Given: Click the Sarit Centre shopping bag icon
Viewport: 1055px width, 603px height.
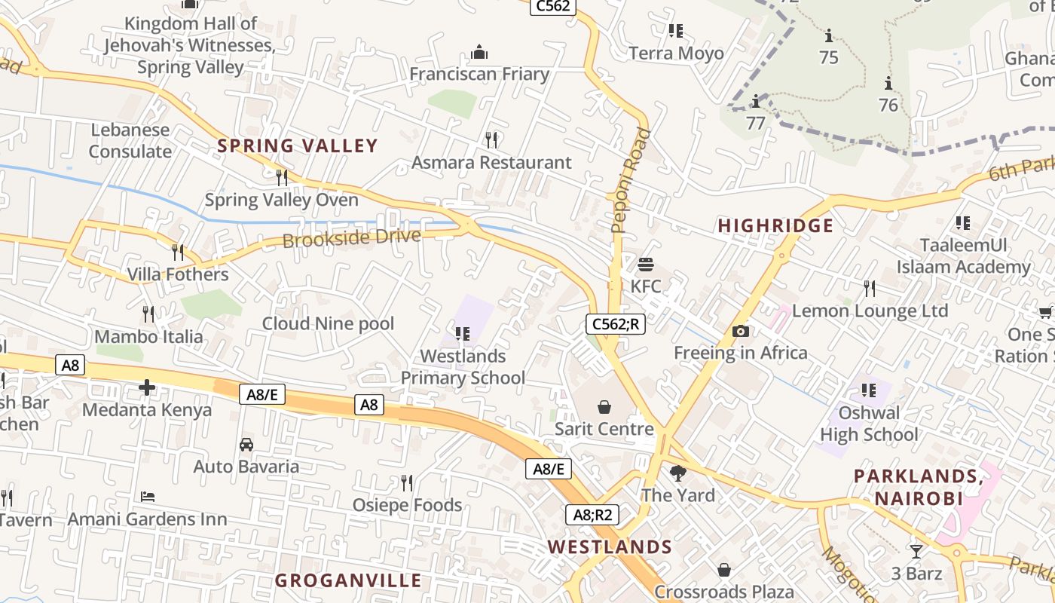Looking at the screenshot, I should pyautogui.click(x=604, y=407).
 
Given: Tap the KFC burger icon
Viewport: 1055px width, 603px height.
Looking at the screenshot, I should pyautogui.click(x=645, y=265).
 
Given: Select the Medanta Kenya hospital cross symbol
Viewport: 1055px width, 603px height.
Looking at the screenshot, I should pyautogui.click(x=147, y=388).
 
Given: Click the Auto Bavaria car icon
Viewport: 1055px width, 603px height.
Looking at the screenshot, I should pyautogui.click(x=246, y=445).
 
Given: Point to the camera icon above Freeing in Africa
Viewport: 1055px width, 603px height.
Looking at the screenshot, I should pyautogui.click(x=740, y=331).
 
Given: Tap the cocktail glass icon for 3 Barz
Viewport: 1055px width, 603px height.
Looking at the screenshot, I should pyautogui.click(x=916, y=551).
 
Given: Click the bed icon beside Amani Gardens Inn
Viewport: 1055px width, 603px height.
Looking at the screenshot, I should pyautogui.click(x=148, y=497).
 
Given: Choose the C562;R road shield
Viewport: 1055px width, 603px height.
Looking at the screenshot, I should pyautogui.click(x=616, y=324).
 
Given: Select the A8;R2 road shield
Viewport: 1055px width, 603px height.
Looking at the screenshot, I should pyautogui.click(x=592, y=515).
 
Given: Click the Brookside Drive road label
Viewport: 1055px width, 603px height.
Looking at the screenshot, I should pyautogui.click(x=352, y=238).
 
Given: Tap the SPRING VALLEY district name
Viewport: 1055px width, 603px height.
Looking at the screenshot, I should pyautogui.click(x=297, y=146).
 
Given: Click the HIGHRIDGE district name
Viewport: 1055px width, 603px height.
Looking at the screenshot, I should pyautogui.click(x=775, y=226).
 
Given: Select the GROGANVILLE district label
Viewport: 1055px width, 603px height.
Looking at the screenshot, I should pyautogui.click(x=348, y=580).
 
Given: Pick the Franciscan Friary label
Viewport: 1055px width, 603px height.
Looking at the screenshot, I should pyautogui.click(x=479, y=74).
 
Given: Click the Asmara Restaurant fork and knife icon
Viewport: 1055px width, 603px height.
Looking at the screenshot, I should pyautogui.click(x=491, y=139).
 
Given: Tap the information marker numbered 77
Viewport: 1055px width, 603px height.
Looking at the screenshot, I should pyautogui.click(x=755, y=102).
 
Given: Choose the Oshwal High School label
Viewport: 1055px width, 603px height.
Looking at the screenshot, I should pyautogui.click(x=869, y=424).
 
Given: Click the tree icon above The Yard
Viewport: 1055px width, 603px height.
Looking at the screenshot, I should pyautogui.click(x=678, y=473).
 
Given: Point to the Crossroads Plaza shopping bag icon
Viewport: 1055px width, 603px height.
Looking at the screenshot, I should pyautogui.click(x=723, y=570).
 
